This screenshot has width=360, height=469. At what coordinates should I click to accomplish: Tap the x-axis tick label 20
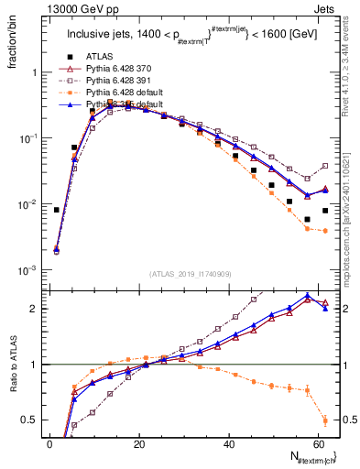click(139, 444)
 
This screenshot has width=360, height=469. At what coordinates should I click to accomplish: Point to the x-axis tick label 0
click(50, 444)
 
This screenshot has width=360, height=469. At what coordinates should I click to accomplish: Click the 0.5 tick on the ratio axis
click(31, 420)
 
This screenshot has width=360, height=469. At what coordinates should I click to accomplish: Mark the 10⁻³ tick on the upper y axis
click(29, 270)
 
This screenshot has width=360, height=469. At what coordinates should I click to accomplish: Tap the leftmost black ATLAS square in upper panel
click(57, 210)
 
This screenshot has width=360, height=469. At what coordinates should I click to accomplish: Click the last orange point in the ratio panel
click(325, 421)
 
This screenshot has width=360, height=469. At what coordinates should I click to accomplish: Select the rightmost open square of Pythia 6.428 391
click(325, 166)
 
